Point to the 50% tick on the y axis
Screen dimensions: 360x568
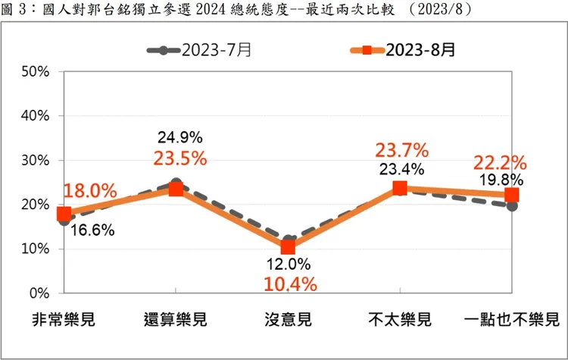pos(35,72)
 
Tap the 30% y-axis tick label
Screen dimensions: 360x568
pos(35,161)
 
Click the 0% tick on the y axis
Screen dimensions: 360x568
pos(39,293)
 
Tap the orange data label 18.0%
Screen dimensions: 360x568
pos(90,190)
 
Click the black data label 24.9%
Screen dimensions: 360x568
pos(179,138)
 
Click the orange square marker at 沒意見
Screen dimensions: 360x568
pos(288,247)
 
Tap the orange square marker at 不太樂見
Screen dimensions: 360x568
pos(400,188)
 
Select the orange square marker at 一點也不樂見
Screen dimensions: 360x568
pos(512,195)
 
